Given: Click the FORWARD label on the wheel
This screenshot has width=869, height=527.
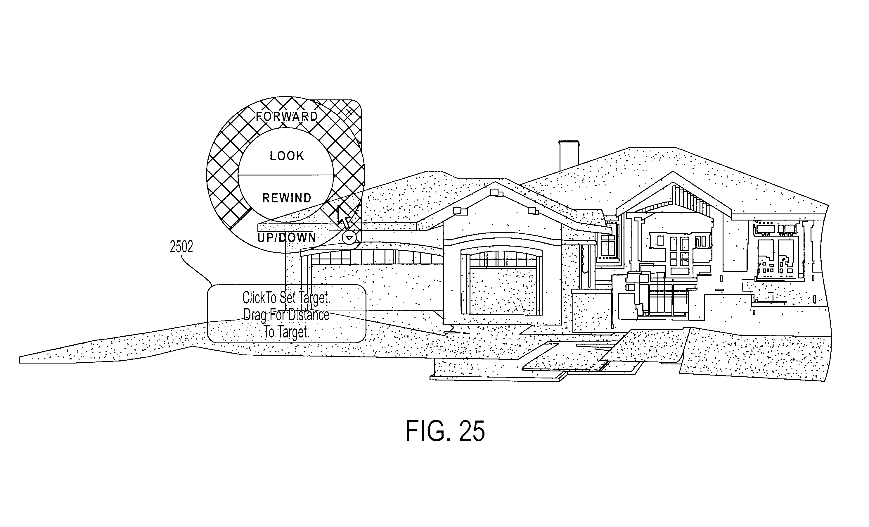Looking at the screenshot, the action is (287, 116).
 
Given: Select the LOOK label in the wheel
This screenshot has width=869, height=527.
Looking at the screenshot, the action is (287, 156).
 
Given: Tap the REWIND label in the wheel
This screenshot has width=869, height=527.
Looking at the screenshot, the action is (287, 198).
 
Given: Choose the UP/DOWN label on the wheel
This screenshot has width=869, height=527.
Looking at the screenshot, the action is (286, 238).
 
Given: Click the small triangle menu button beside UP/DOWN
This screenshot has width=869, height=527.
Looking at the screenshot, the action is (349, 238).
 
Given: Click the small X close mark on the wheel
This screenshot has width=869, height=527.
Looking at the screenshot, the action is (349, 112).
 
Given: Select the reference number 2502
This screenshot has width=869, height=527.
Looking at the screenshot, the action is (181, 247).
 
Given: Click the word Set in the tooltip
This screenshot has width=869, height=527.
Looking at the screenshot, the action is (288, 297).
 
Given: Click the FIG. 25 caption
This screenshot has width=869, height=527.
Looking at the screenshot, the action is (445, 431).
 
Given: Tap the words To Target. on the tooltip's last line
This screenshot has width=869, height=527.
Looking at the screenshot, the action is (286, 332).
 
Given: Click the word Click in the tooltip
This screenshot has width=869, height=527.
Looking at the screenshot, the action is (254, 297).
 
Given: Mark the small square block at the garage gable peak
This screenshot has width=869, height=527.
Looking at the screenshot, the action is (494, 192).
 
